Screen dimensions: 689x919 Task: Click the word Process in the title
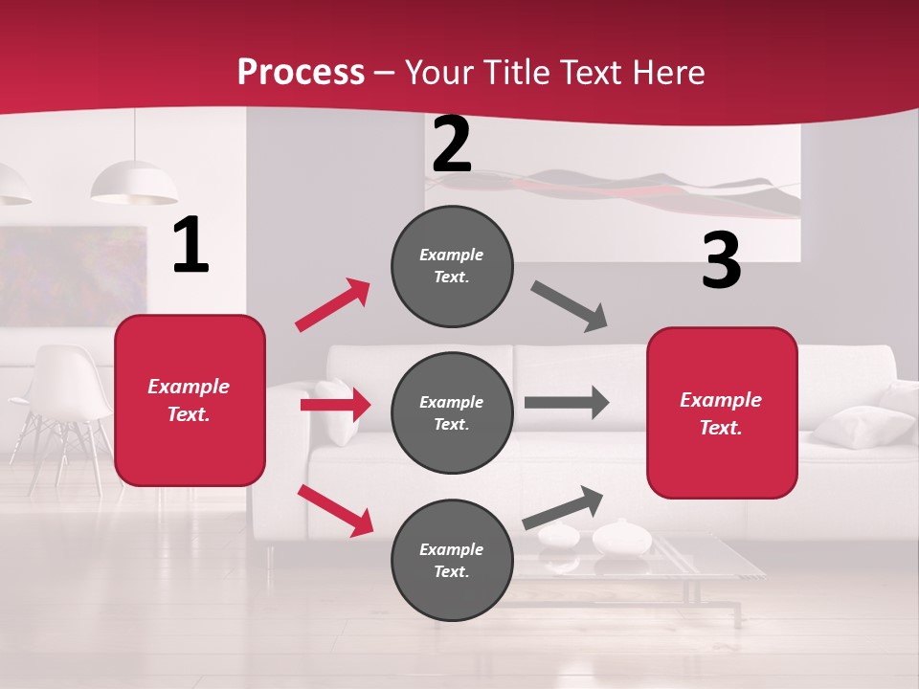tap(301, 72)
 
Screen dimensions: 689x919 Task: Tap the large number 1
tap(191, 246)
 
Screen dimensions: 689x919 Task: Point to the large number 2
tap(452, 145)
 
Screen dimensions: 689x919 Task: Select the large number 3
tap(722, 261)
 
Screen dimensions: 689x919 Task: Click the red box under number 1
tap(190, 400)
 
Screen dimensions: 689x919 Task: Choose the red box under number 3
tap(722, 412)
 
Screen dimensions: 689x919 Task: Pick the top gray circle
tap(452, 266)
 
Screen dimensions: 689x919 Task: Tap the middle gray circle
tap(452, 412)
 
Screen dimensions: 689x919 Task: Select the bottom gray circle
tap(452, 560)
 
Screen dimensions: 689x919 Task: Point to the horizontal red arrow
tap(335, 406)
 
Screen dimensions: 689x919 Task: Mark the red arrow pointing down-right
tap(335, 509)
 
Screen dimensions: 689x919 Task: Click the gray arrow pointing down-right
tap(570, 306)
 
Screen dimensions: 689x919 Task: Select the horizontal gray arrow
tap(567, 402)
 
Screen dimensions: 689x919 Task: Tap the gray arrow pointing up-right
tap(563, 507)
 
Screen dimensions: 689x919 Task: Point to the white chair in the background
tap(62, 402)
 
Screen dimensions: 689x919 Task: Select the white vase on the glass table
tap(621, 538)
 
